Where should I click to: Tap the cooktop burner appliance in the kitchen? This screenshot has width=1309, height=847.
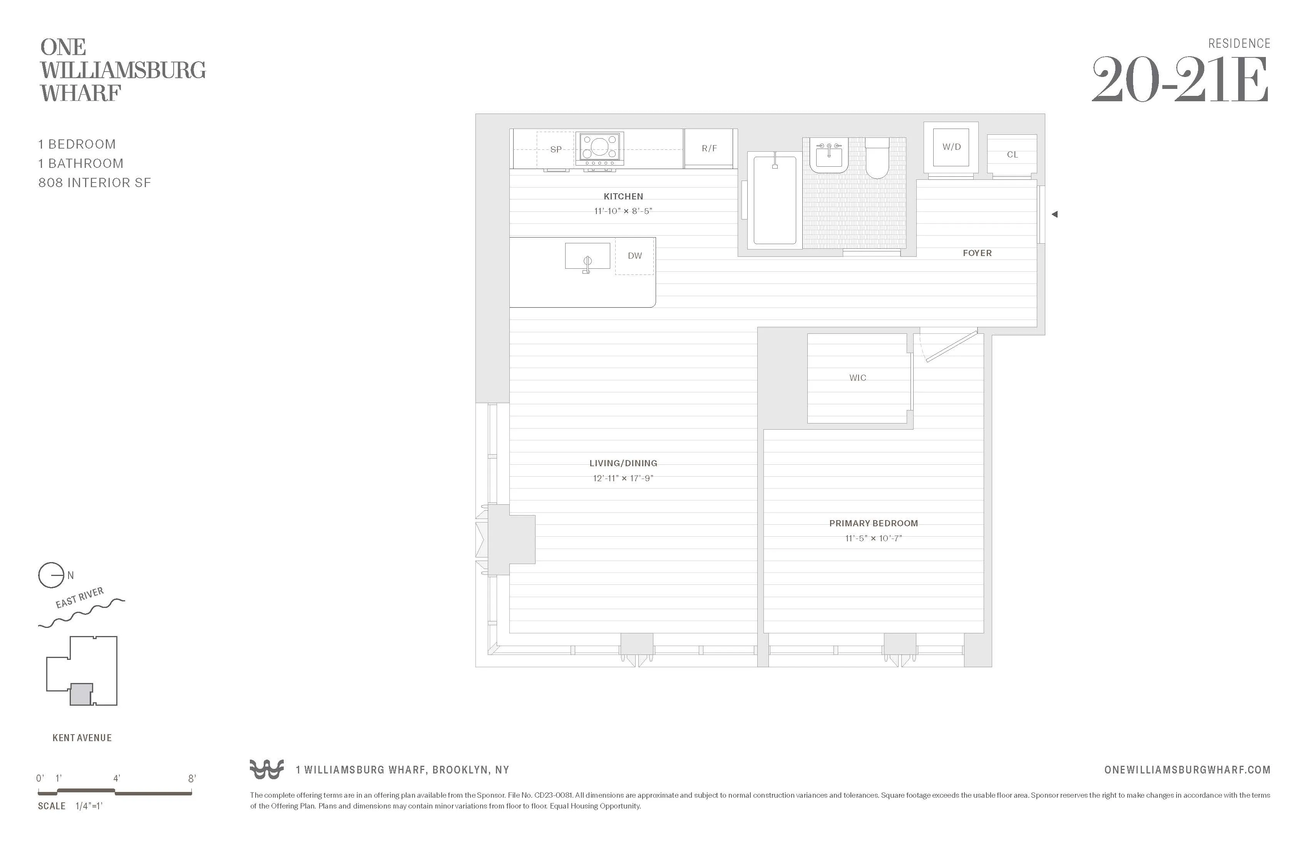click(x=599, y=148)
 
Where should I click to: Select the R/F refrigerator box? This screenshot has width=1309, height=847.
click(x=709, y=149)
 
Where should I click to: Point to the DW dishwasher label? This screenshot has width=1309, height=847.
click(x=635, y=256)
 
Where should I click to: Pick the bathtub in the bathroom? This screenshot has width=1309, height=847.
click(x=774, y=201)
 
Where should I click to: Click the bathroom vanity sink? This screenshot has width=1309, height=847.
click(x=829, y=157)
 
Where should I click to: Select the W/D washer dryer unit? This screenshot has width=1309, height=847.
click(x=951, y=147)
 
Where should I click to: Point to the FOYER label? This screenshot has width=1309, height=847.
click(x=977, y=253)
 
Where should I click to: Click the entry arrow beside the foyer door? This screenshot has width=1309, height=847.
click(x=1055, y=214)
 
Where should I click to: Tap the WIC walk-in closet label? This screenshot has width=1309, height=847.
click(x=857, y=378)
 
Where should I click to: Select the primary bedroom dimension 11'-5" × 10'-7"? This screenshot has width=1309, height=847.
click(x=874, y=539)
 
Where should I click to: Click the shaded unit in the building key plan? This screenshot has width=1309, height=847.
click(x=81, y=695)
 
